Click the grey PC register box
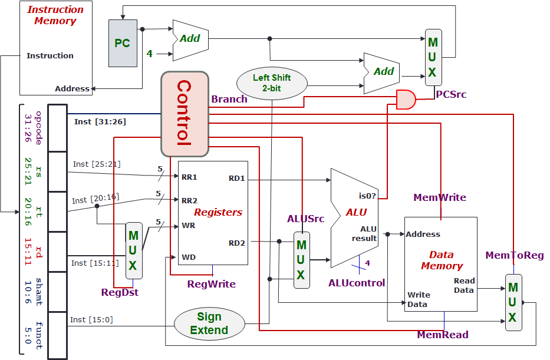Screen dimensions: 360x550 pyautogui.click(x=123, y=43)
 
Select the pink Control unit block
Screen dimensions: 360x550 pyautogui.click(x=185, y=114)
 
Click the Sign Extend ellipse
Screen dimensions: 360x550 pyautogui.click(x=209, y=324)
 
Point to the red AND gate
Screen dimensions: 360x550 pyautogui.click(x=406, y=100)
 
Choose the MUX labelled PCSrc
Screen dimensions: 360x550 pyautogui.click(x=433, y=58)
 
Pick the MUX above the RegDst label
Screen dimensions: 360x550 pyautogui.click(x=134, y=250)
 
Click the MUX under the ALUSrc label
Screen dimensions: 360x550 pyautogui.click(x=301, y=260)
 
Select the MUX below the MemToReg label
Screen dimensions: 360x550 pyautogui.click(x=513, y=302)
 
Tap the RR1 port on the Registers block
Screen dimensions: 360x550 pyautogui.click(x=189, y=177)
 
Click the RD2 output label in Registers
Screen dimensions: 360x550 pyautogui.click(x=236, y=242)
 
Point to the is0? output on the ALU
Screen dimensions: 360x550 pyautogui.click(x=367, y=196)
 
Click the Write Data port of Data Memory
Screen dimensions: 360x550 pyautogui.click(x=419, y=299)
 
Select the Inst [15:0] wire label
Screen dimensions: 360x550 pyautogui.click(x=91, y=319)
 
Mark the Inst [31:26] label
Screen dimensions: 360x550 pyautogui.click(x=100, y=122)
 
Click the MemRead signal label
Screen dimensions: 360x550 pyautogui.click(x=442, y=335)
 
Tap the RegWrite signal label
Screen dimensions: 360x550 pyautogui.click(x=211, y=284)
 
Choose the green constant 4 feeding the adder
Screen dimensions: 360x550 pyautogui.click(x=149, y=54)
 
